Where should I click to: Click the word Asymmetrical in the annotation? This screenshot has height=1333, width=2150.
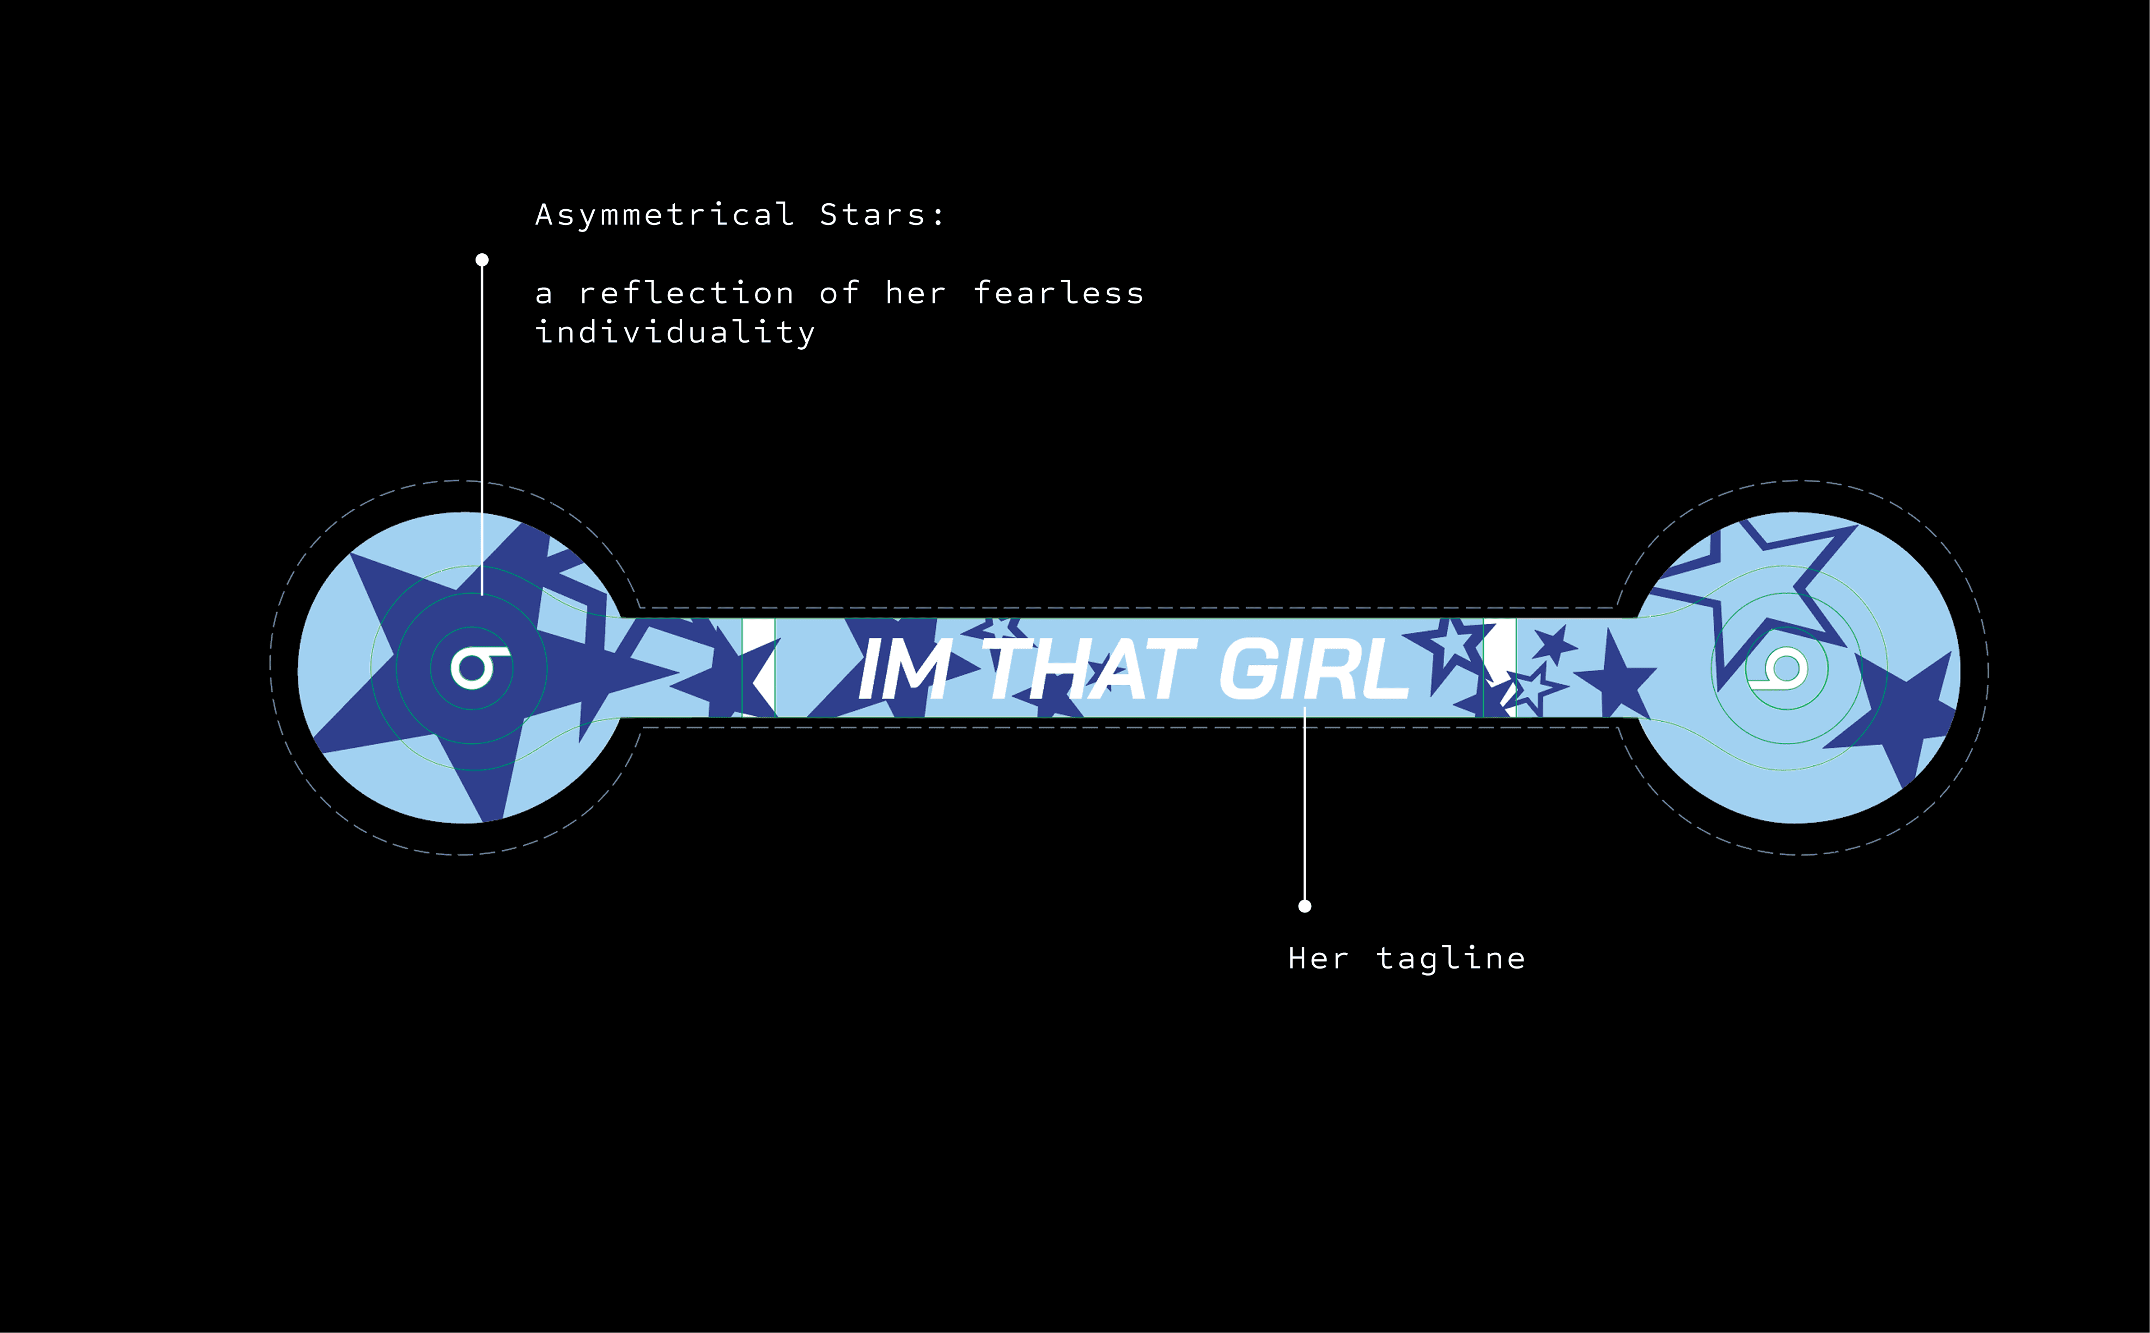[x=665, y=215]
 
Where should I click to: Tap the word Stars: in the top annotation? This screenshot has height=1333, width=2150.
[x=881, y=215]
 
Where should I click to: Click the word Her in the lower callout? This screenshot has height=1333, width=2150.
[x=1318, y=958]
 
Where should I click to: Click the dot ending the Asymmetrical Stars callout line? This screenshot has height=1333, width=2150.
[x=482, y=260]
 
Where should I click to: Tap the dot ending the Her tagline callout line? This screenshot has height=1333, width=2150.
[x=1305, y=906]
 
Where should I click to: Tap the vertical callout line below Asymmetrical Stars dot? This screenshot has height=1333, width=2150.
[x=482, y=423]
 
